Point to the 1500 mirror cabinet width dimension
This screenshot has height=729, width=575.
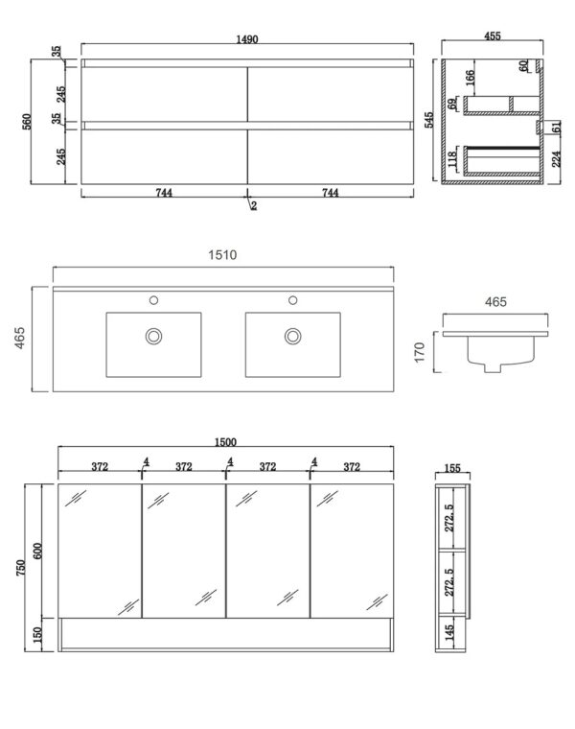tap(226, 442)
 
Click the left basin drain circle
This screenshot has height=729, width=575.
tap(152, 336)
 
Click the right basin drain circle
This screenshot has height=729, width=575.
tap(292, 336)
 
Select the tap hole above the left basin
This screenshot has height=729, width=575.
tap(152, 299)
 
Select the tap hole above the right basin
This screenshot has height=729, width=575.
tap(292, 299)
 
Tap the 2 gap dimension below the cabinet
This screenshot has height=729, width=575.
tap(254, 205)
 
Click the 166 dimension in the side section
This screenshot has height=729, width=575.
tap(471, 78)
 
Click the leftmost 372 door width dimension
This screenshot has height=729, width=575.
tap(100, 466)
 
